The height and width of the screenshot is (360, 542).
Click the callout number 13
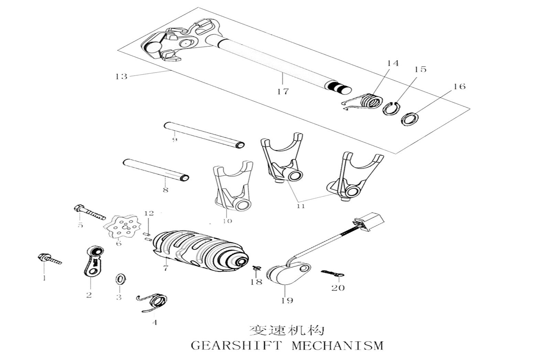[x=121, y=76]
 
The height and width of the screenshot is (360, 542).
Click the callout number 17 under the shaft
[x=283, y=91]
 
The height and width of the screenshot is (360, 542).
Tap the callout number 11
[x=301, y=206]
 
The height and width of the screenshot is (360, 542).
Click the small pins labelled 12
[x=147, y=237]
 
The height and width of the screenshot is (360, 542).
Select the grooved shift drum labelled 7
[x=199, y=249]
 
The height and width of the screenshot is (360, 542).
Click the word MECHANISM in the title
[x=337, y=345]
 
